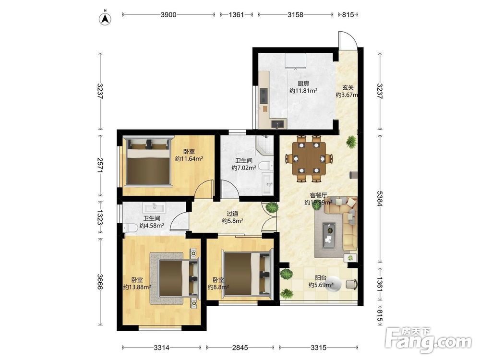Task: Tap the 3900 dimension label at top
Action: click(168, 14)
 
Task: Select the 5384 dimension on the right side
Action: click(380, 198)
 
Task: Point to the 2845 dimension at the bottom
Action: click(240, 348)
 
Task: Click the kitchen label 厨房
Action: click(303, 83)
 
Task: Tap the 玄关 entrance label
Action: click(348, 87)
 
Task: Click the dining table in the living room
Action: click(309, 158)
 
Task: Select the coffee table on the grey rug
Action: click(329, 234)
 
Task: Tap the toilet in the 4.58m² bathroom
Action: click(131, 228)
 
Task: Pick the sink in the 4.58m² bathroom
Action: click(155, 207)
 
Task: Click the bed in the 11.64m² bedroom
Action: click(148, 161)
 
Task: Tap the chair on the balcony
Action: click(351, 284)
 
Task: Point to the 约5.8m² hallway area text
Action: click(233, 221)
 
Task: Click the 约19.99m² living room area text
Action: click(318, 203)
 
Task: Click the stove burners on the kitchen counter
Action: click(263, 96)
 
